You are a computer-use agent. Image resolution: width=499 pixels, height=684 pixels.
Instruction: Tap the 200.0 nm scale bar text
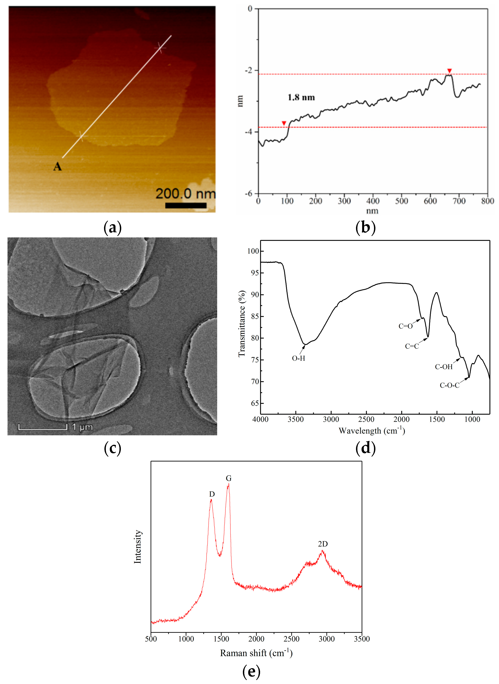(x=186, y=194)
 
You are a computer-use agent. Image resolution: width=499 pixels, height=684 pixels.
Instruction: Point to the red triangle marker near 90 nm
(x=284, y=123)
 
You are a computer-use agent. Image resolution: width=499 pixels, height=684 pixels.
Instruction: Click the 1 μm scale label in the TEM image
(x=82, y=427)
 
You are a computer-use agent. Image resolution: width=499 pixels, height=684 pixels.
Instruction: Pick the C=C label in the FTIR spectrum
(x=412, y=346)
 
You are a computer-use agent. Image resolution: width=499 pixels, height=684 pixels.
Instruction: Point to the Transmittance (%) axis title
(x=242, y=324)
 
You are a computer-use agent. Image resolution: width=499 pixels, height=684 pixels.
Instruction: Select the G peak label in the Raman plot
(x=228, y=478)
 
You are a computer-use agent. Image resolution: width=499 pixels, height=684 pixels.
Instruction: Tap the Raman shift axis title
(x=256, y=653)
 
